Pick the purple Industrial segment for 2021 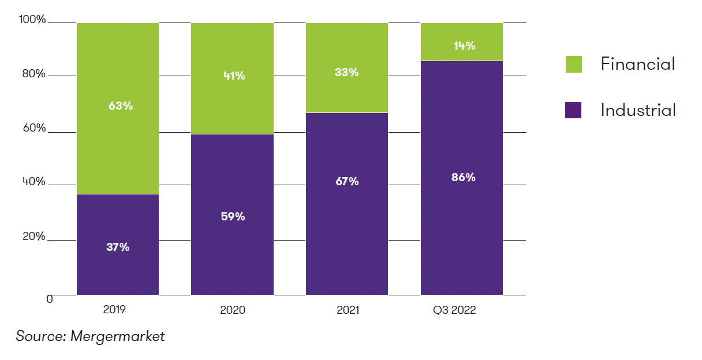[x=346, y=231]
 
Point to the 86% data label [x=464, y=177]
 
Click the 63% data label [x=121, y=106]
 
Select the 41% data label [x=234, y=76]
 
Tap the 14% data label [x=464, y=46]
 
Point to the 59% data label [x=233, y=216]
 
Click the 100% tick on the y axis [x=32, y=20]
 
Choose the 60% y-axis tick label [x=33, y=128]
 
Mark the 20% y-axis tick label [x=33, y=237]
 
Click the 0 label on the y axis [x=50, y=299]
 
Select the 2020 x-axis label [x=233, y=310]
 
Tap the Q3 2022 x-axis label [x=454, y=310]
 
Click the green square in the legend [x=573, y=64]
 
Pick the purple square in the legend [x=573, y=110]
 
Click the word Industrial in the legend [x=638, y=110]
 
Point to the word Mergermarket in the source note [x=117, y=336]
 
